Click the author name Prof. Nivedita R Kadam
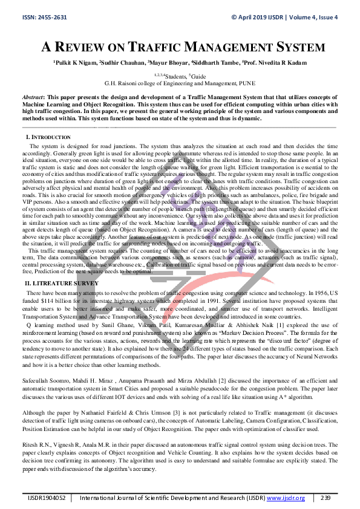(x=273, y=62)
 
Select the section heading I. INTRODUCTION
(x=47, y=138)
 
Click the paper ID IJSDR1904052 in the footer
(x=46, y=497)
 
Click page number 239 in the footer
(x=326, y=497)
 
